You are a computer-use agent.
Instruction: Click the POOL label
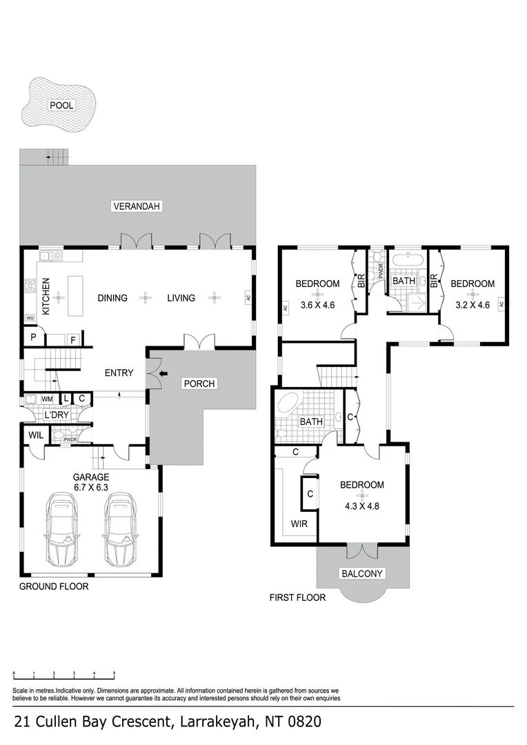[x=61, y=106]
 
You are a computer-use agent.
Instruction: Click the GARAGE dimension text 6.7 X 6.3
[x=91, y=486]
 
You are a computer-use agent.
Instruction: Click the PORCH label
[x=199, y=384]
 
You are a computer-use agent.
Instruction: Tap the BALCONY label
[x=362, y=573]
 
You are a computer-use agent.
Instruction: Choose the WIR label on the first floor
[x=299, y=524]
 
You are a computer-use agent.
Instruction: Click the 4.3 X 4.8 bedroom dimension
[x=361, y=504]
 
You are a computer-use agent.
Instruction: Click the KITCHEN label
[x=46, y=297]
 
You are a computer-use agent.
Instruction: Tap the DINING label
[x=112, y=298]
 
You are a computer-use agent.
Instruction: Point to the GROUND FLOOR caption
[x=53, y=586]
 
